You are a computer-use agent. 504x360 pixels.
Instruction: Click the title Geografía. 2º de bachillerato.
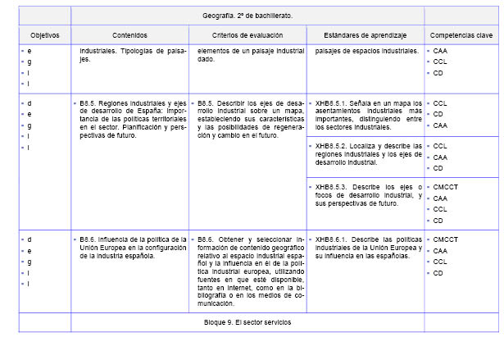coord(247,16)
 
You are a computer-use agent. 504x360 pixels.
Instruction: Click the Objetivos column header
coord(45,35)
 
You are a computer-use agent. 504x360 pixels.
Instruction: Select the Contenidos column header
coord(130,35)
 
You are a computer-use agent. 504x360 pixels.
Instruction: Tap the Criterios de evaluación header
coord(247,35)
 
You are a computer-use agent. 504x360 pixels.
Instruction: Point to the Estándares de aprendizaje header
coord(365,35)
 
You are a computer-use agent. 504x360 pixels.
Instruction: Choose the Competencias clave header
coord(461,35)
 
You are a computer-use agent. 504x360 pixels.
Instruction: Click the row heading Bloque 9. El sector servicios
coord(247,322)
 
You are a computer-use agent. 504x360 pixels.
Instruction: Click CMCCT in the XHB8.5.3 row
coord(446,187)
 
